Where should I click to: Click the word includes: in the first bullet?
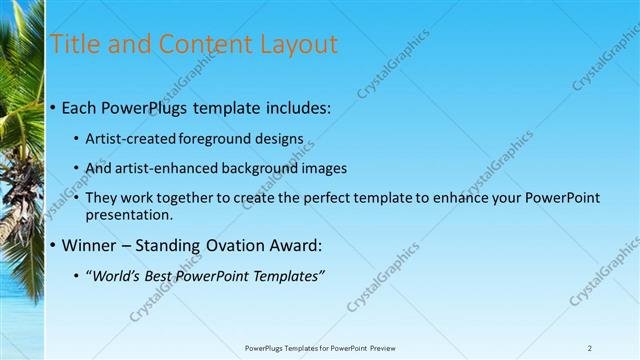tap(297, 107)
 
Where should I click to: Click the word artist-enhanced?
tap(166, 168)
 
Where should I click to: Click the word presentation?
tap(131, 214)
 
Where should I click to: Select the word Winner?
tap(90, 245)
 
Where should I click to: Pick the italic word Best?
tap(166, 276)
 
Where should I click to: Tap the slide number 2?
tap(590, 348)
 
